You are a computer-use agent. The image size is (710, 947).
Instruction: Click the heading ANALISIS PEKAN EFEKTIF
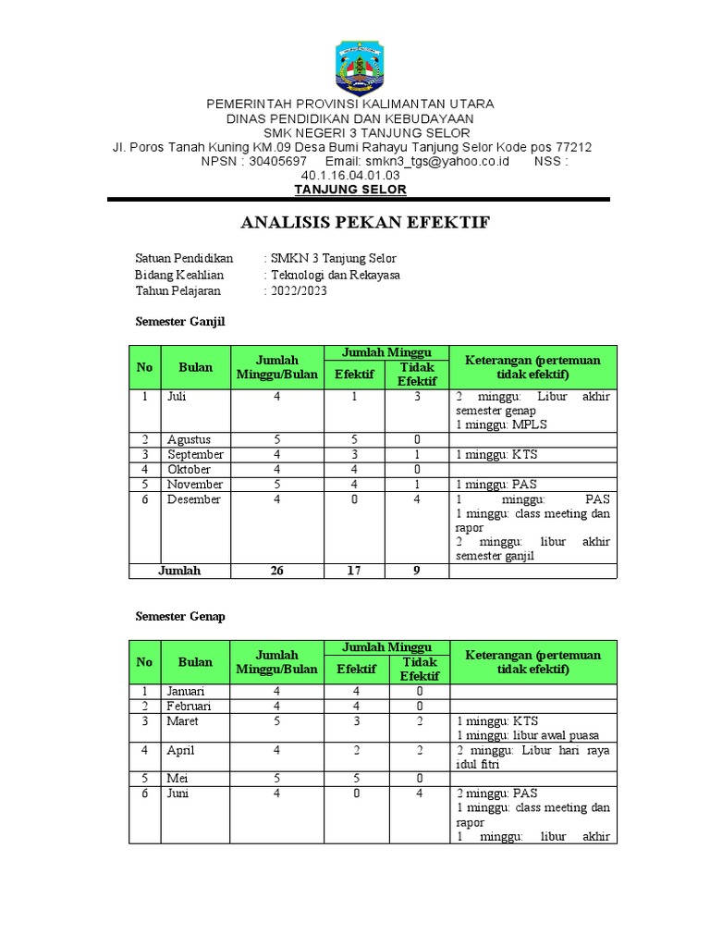365,223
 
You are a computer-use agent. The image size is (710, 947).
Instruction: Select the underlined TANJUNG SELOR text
350,190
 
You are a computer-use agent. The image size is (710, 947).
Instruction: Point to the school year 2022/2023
299,290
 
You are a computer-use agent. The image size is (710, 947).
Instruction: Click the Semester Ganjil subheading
180,322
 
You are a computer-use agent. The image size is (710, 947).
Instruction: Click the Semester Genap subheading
180,616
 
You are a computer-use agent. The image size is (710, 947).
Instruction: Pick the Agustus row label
189,440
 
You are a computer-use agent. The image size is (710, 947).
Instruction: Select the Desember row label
194,499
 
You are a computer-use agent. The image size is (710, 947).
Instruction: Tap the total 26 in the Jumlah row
276,571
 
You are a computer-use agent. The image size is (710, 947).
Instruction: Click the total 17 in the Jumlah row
353,571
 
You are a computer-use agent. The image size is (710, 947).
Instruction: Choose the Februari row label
190,707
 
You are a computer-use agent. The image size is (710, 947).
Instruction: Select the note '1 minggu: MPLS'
496,424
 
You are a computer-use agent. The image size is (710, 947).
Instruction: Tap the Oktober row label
190,470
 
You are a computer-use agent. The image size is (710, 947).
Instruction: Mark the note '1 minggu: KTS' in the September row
496,455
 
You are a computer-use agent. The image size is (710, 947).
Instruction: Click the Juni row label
178,793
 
